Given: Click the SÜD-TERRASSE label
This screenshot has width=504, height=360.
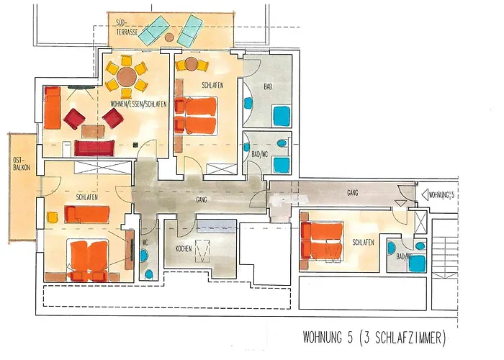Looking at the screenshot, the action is click(127, 27).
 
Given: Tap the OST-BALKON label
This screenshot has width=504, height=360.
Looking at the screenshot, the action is click(22, 164).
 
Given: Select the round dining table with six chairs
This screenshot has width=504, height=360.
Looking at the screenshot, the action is click(126, 77).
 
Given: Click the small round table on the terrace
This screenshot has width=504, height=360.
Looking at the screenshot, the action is click(169, 37).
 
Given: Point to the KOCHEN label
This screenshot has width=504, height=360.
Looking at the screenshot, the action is click(184, 249).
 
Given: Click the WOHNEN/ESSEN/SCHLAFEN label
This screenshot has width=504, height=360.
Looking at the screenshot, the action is click(138, 104).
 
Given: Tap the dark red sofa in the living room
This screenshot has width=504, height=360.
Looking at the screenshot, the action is click(94, 148).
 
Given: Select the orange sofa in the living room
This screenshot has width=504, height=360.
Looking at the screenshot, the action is click(53, 108).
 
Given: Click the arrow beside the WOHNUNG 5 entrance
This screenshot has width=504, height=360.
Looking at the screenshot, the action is click(425, 194).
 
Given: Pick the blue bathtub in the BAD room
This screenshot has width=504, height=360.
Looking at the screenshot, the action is click(282, 116).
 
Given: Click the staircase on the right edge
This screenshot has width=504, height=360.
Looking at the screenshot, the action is click(444, 249).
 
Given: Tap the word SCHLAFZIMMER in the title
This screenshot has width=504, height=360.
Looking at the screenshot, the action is click(408, 338).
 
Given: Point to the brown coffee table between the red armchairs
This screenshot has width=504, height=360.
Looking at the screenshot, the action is click(93, 132).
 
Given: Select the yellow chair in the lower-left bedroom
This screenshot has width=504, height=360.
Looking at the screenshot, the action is click(53, 217).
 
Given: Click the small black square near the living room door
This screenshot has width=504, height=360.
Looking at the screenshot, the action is click(135, 145).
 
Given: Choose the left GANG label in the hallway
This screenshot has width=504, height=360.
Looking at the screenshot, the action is click(202, 199).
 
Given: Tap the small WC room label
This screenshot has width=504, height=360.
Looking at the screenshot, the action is click(145, 243).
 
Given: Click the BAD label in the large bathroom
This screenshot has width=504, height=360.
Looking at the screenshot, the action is click(268, 86).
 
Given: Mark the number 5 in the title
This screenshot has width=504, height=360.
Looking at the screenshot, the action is click(349, 338).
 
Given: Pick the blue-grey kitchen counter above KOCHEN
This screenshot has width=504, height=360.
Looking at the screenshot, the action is click(217, 226).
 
